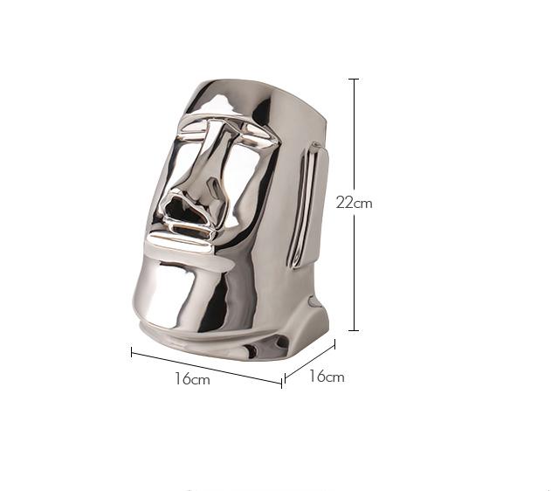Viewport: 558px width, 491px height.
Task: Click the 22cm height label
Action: tap(354, 203)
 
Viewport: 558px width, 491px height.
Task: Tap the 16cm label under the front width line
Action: tap(191, 379)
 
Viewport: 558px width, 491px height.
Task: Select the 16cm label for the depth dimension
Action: tap(327, 377)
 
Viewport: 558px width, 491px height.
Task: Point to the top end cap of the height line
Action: tap(354, 80)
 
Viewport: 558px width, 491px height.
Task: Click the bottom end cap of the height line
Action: tap(354, 330)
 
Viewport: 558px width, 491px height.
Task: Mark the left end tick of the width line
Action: tap(132, 352)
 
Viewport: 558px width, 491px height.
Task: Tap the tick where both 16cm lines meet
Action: tap(283, 382)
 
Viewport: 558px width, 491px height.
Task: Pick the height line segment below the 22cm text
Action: tap(354, 271)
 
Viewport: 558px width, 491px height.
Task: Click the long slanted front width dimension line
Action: tap(207, 367)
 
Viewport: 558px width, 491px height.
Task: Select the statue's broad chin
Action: tap(183, 293)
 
